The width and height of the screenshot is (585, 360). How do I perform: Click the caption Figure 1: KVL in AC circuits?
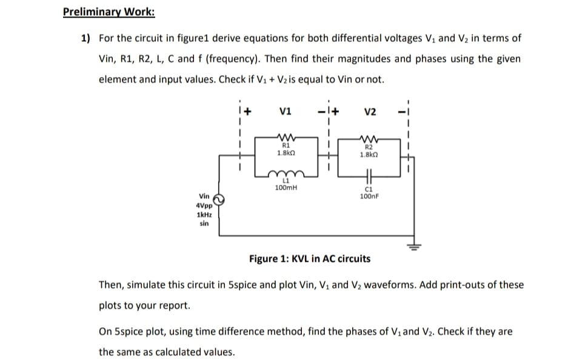click(x=309, y=259)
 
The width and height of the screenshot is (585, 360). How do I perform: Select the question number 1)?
click(x=85, y=38)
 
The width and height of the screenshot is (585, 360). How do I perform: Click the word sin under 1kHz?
click(x=204, y=223)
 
